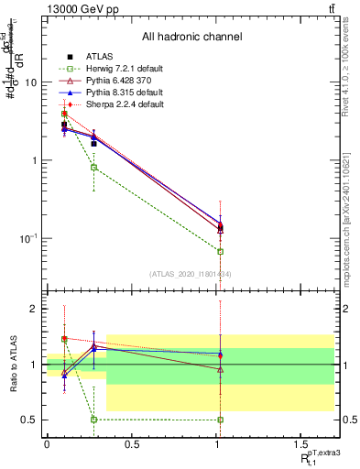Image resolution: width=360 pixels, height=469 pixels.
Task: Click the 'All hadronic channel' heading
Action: pos(192,38)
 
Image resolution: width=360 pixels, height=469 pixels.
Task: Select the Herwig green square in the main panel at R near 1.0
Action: pos(220,251)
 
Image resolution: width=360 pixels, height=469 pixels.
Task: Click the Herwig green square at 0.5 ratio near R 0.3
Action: pos(93,420)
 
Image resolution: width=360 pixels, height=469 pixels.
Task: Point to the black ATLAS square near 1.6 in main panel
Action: pos(93,144)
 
